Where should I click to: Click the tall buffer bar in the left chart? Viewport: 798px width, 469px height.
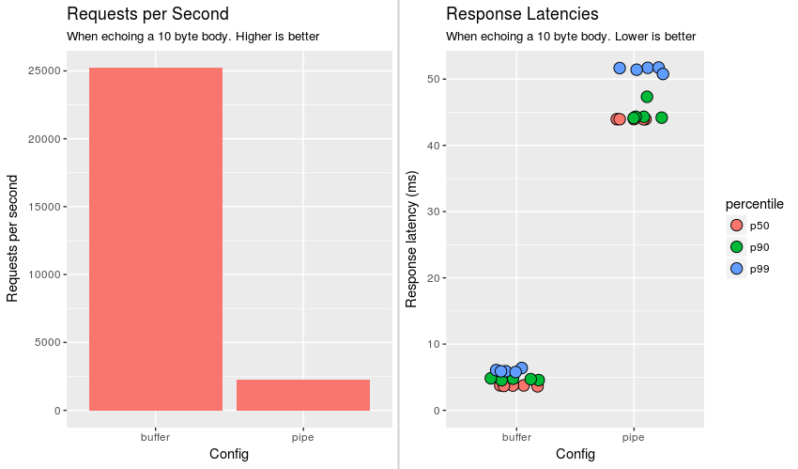[156, 239]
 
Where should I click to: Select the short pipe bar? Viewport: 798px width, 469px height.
[303, 395]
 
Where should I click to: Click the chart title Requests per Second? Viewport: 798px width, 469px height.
[148, 14]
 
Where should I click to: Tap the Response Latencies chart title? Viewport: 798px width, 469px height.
[522, 14]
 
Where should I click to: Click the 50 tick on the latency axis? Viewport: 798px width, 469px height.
[431, 79]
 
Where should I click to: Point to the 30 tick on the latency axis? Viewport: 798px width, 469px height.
[431, 211]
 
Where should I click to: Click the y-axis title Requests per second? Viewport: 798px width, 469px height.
[13, 239]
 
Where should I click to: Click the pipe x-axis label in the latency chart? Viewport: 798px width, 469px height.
[634, 437]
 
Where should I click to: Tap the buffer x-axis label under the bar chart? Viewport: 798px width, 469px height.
[156, 437]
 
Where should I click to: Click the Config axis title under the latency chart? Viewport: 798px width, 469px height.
[575, 454]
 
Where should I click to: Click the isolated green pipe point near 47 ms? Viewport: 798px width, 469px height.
[647, 97]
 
